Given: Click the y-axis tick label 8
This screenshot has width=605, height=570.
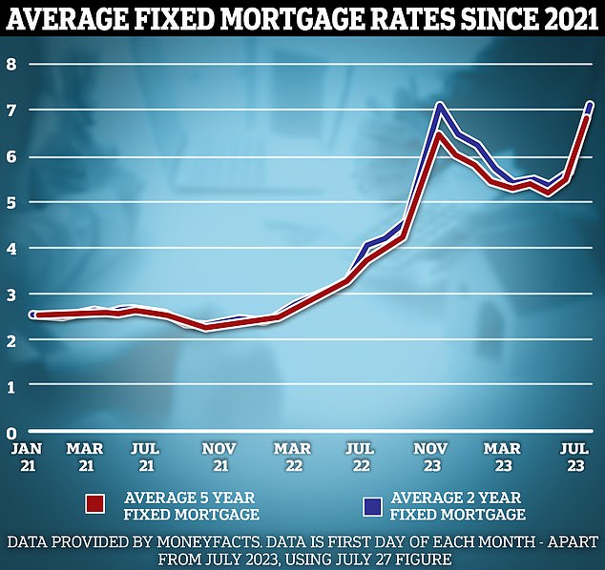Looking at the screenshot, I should tap(13, 65).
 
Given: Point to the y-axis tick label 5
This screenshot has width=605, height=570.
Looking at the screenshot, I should tap(13, 203).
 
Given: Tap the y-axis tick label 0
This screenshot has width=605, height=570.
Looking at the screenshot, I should tap(13, 432).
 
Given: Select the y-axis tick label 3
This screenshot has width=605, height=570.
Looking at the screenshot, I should tap(13, 295).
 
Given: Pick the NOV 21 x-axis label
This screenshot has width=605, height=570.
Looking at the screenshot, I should tap(219, 456).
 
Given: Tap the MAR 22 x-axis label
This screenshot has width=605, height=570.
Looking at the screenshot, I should tap(291, 456).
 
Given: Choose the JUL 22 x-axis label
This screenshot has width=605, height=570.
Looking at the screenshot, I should tap(359, 456).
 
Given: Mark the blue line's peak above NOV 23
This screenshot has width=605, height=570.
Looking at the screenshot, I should tap(439, 104).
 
